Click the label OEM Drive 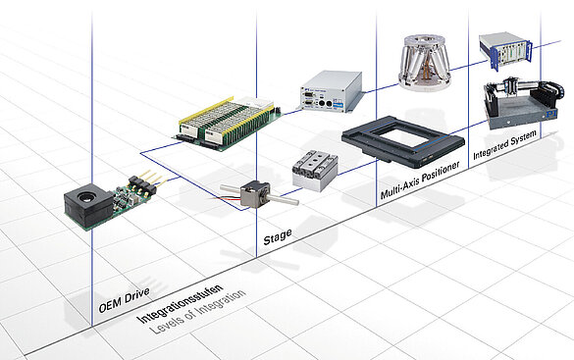(x=124, y=299)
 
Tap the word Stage (x=278, y=236)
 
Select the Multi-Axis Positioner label (x=420, y=180)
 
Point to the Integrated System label (x=504, y=145)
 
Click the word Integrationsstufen (x=180, y=304)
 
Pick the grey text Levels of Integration (x=197, y=312)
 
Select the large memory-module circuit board (x=228, y=124)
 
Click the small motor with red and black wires (x=255, y=194)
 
